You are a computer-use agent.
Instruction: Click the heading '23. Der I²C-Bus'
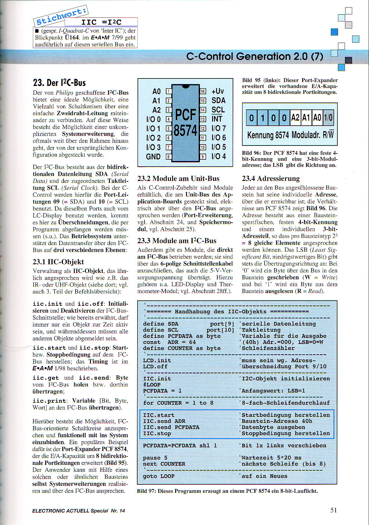(x=59, y=83)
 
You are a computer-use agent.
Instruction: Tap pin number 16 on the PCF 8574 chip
(x=203, y=91)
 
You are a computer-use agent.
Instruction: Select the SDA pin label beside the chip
(x=218, y=100)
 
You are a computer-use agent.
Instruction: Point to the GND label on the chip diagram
(x=153, y=157)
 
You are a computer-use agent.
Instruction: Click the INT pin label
(x=217, y=119)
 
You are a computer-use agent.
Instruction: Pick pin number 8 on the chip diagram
(x=169, y=157)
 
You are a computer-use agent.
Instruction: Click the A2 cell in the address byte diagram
(x=295, y=118)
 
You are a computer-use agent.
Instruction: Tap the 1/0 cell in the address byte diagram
(x=328, y=118)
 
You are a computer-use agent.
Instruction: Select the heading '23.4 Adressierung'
(x=271, y=179)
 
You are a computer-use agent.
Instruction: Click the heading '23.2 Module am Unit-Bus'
(x=178, y=179)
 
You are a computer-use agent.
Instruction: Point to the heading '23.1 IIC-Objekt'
(x=58, y=262)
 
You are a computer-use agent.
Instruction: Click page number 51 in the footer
(x=333, y=510)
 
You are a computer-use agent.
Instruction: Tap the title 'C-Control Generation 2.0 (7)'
(x=255, y=57)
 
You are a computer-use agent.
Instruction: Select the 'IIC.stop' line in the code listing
(x=157, y=433)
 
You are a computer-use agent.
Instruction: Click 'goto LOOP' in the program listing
(x=159, y=476)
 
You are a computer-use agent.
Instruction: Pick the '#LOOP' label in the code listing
(x=152, y=385)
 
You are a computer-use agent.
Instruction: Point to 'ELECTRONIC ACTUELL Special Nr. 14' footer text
(x=78, y=511)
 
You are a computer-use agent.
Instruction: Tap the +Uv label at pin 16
(x=218, y=91)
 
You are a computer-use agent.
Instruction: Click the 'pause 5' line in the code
(x=155, y=458)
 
